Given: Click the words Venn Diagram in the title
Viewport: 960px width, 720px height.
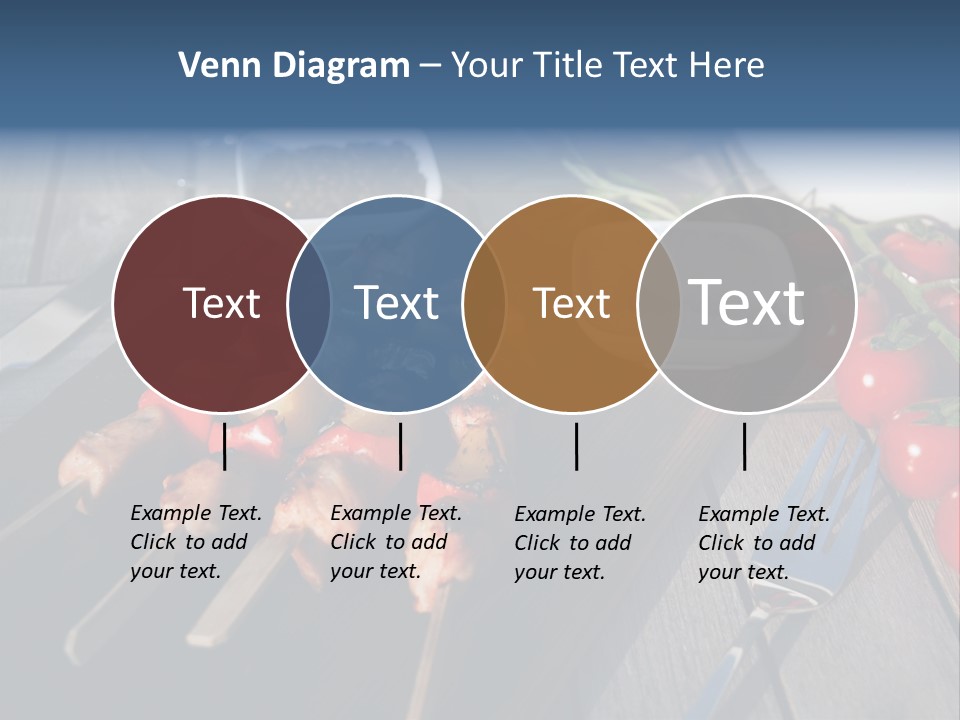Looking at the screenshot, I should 294,66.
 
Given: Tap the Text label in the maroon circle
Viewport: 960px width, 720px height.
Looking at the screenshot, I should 221,303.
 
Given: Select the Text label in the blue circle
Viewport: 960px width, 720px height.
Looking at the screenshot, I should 396,303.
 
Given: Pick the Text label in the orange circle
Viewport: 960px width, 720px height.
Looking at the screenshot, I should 571,303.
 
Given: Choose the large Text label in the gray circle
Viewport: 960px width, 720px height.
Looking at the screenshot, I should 746,302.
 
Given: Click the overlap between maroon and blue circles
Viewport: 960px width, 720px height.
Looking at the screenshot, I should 309,304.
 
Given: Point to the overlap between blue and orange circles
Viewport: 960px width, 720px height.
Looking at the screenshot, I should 484,304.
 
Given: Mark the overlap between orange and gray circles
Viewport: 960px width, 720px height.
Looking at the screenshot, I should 659,304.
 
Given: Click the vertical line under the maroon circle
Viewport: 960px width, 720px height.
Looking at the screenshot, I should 225,446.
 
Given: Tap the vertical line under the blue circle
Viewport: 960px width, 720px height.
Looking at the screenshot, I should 400,446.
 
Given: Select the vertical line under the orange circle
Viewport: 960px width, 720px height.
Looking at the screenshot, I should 577,446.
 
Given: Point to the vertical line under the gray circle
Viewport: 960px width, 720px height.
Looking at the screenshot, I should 745,446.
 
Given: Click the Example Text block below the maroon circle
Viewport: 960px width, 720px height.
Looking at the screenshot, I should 196,542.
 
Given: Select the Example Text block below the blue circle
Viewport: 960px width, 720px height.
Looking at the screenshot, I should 396,542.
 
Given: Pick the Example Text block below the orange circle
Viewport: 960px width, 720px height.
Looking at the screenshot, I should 580,543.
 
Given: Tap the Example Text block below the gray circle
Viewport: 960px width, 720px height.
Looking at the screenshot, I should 764,543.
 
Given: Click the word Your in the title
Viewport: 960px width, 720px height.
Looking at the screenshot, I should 487,66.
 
